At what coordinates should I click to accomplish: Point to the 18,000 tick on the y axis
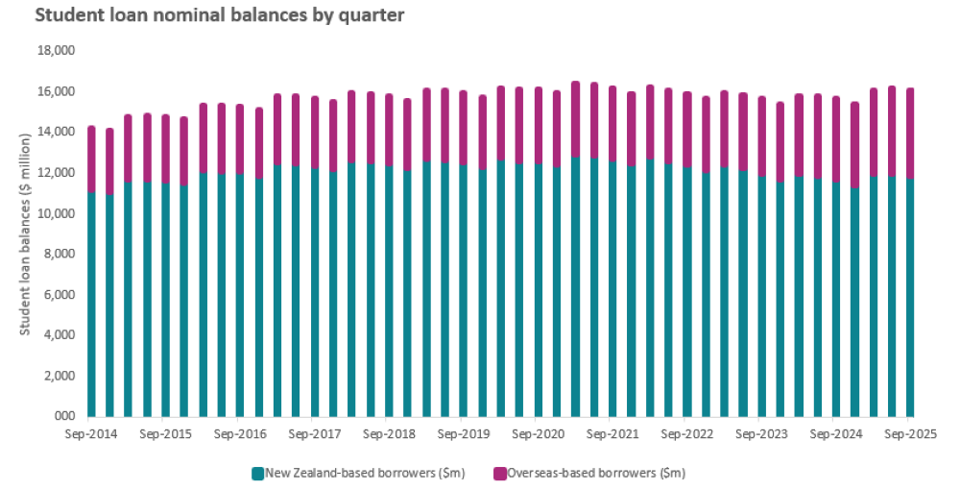click(x=55, y=51)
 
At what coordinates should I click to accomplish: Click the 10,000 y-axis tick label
click(x=55, y=213)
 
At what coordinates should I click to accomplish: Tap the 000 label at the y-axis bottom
click(x=64, y=417)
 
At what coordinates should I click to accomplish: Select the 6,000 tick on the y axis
click(x=58, y=295)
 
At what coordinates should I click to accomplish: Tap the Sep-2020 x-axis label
click(x=539, y=434)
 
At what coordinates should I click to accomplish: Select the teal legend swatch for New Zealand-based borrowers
click(x=257, y=473)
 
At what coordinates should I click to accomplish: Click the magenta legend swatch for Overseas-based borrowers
click(x=499, y=473)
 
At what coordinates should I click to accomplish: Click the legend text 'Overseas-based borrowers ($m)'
click(x=596, y=473)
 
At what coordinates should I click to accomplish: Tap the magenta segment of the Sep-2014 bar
click(x=91, y=159)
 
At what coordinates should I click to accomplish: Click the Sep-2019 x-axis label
click(x=464, y=434)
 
